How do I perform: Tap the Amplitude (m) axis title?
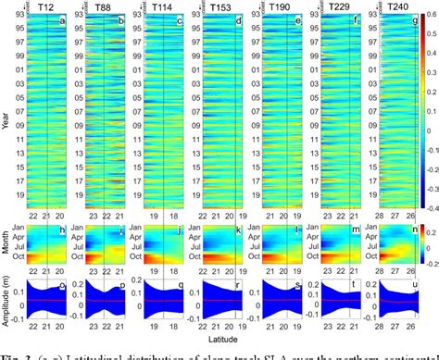coord(7,319)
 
